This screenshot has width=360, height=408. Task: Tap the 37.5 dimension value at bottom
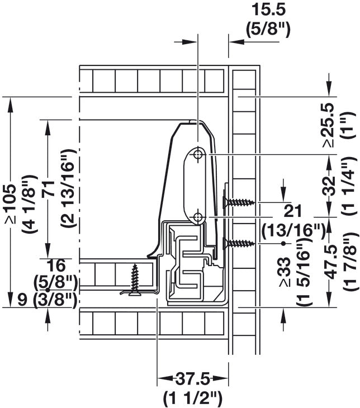pyautogui.click(x=193, y=379)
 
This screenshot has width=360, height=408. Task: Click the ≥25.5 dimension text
pyautogui.click(x=329, y=125)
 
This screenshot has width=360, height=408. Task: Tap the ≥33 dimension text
pyautogui.click(x=286, y=272)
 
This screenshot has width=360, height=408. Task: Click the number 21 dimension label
pyautogui.click(x=292, y=211)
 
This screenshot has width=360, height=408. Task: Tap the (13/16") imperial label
pyautogui.click(x=293, y=230)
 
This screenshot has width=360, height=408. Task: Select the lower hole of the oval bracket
pyautogui.click(x=198, y=216)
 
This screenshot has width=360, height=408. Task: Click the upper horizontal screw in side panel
pyautogui.click(x=239, y=202)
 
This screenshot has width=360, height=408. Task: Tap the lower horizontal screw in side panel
pyautogui.click(x=239, y=243)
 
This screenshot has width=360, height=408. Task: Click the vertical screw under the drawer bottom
pyautogui.click(x=135, y=280)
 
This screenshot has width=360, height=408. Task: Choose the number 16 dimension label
pyautogui.click(x=57, y=266)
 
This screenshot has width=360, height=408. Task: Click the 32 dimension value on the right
pyautogui.click(x=329, y=185)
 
